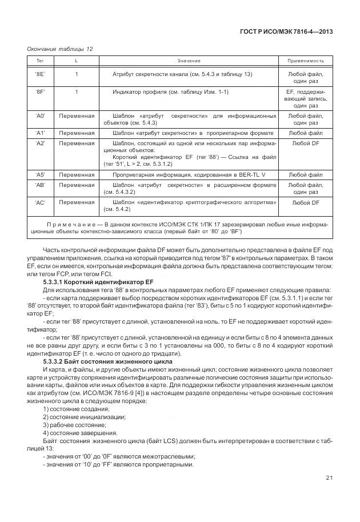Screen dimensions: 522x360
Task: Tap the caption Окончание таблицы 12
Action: click(x=59, y=49)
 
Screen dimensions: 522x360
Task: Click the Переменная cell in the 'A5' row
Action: click(x=77, y=174)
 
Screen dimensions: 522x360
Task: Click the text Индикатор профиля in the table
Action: click(x=141, y=91)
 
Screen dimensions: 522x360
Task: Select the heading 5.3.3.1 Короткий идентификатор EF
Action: click(x=98, y=282)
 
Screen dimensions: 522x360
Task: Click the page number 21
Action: click(x=329, y=479)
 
